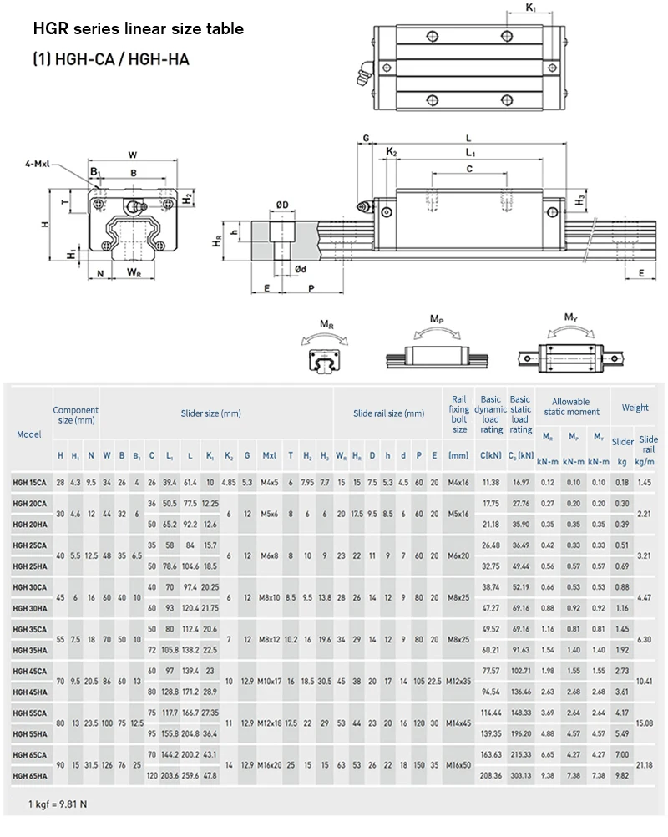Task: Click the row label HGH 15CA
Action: pyautogui.click(x=29, y=483)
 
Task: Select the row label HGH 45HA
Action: pyautogui.click(x=30, y=692)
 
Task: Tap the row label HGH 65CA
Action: pyautogui.click(x=30, y=755)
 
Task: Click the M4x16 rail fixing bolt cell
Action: pyautogui.click(x=458, y=483)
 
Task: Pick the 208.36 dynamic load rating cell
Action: pyautogui.click(x=491, y=776)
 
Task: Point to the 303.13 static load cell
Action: pyautogui.click(x=521, y=776)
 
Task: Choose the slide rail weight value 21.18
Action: pyautogui.click(x=644, y=765)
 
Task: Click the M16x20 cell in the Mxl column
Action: pyautogui.click(x=270, y=765)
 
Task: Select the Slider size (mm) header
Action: pyautogui.click(x=210, y=413)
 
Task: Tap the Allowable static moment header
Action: pyautogui.click(x=571, y=407)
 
